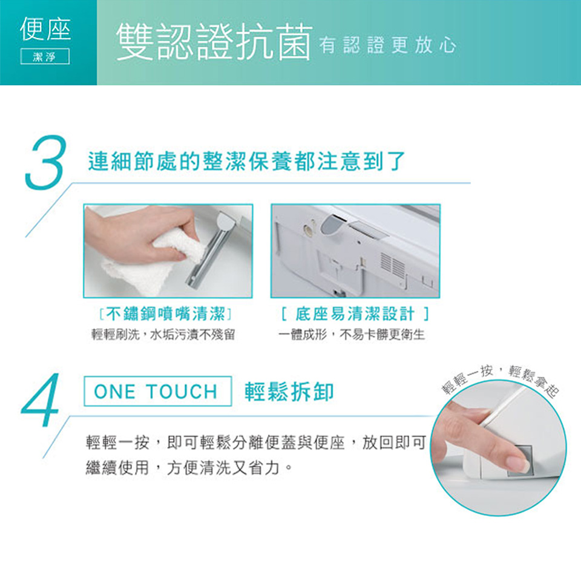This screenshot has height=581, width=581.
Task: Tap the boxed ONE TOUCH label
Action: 156,392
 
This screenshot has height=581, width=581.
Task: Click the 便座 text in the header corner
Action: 45,29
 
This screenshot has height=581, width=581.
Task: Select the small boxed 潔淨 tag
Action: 45,57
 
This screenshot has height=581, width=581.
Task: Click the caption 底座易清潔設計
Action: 355,314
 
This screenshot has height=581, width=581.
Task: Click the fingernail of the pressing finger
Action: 517,464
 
